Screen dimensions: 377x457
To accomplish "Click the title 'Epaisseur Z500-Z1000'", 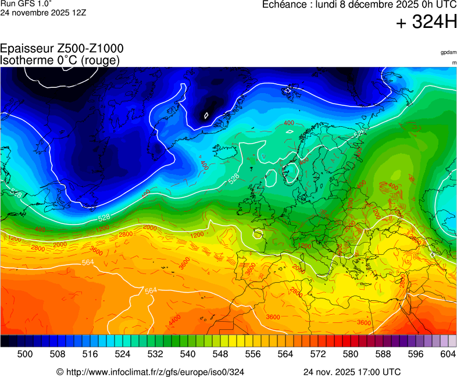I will point(62,49).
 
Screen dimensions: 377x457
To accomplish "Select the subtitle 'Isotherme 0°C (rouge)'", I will point(60,60).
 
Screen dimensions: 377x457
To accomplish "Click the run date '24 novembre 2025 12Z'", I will point(43,12).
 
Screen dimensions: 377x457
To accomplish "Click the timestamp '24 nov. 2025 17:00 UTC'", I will point(352,372).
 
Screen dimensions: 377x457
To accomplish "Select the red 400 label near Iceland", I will point(288,123).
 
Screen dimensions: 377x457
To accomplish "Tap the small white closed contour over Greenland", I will point(206,115).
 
